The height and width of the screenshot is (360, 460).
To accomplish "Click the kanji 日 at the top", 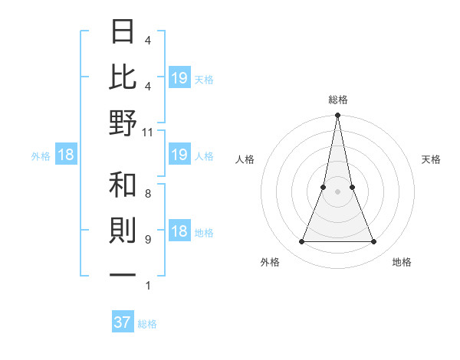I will pyautogui.click(x=123, y=32).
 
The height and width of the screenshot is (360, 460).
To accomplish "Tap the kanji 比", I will pyautogui.click(x=123, y=77).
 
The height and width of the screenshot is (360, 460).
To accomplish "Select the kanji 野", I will pyautogui.click(x=123, y=123).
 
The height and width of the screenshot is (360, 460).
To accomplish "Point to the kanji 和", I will pyautogui.click(x=123, y=186).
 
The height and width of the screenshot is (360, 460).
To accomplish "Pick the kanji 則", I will pyautogui.click(x=123, y=231).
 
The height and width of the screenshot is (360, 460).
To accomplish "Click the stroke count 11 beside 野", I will pyautogui.click(x=147, y=132).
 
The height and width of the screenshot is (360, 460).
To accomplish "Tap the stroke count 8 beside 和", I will pyautogui.click(x=147, y=195).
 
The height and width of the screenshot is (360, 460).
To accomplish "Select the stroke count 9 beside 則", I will pyautogui.click(x=147, y=240).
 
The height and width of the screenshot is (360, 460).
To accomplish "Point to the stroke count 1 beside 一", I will pyautogui.click(x=147, y=286).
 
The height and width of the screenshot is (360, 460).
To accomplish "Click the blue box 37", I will pyautogui.click(x=123, y=322).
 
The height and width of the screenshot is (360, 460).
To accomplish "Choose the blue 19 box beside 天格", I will pyautogui.click(x=179, y=77).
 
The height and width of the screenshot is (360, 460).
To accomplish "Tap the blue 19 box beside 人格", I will pyautogui.click(x=179, y=155).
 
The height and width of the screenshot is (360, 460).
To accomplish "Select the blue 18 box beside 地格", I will pyautogui.click(x=179, y=232).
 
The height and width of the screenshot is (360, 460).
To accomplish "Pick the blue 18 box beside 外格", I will pyautogui.click(x=66, y=155).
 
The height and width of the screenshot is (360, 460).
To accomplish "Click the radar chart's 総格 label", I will pyautogui.click(x=337, y=100).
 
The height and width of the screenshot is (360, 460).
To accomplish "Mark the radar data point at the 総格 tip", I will pyautogui.click(x=337, y=116).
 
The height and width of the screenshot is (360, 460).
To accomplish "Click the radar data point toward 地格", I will pyautogui.click(x=374, y=242).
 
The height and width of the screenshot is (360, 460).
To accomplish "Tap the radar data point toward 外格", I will pyautogui.click(x=301, y=242).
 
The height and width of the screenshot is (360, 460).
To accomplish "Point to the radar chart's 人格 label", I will pyautogui.click(x=245, y=159).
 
